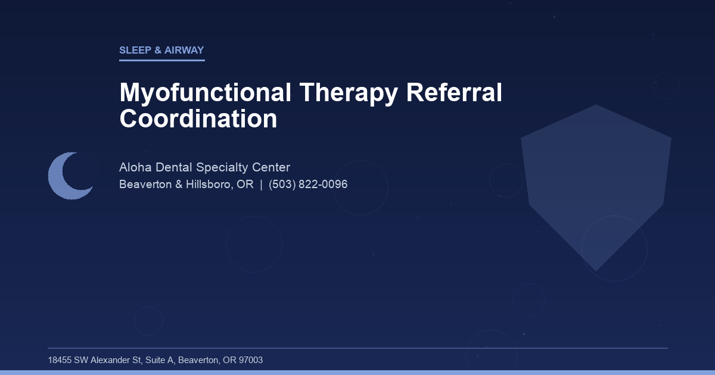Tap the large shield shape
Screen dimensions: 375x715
(x=596, y=179)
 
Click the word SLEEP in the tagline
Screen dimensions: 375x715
(x=135, y=51)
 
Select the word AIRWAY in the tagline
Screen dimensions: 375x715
(x=184, y=51)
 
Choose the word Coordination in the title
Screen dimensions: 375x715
(x=198, y=118)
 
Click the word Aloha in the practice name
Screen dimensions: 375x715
(x=136, y=167)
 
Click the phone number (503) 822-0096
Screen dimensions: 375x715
(x=308, y=185)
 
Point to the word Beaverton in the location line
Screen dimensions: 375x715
(x=143, y=185)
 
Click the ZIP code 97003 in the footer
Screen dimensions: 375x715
(x=250, y=360)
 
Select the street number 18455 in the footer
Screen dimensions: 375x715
(x=60, y=360)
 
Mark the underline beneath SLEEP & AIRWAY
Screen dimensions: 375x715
(x=162, y=60)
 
